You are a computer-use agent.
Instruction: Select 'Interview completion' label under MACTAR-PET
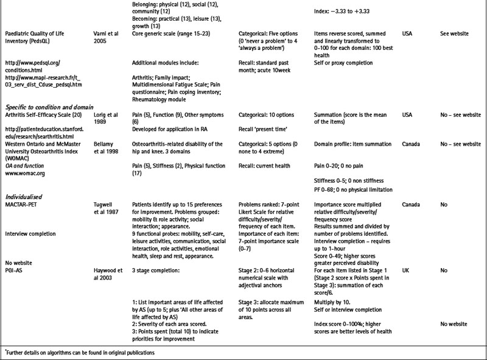[31, 233]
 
